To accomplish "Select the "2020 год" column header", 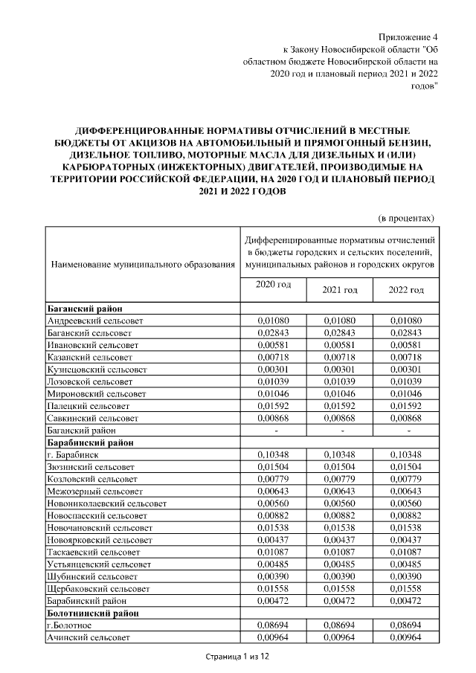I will (x=273, y=285).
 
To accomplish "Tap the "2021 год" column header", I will (x=340, y=289).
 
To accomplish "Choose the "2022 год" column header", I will (x=406, y=289).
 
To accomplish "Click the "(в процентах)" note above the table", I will (x=406, y=218).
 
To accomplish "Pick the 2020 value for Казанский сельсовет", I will (x=273, y=357).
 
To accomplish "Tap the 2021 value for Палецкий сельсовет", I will (x=340, y=406).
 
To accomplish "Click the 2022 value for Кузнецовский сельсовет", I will (x=406, y=370).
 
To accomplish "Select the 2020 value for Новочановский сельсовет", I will (x=273, y=527).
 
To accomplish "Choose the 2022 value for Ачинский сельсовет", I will (x=406, y=638).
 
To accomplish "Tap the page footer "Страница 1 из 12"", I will (x=237, y=657).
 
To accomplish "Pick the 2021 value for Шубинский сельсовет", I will (x=340, y=576).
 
